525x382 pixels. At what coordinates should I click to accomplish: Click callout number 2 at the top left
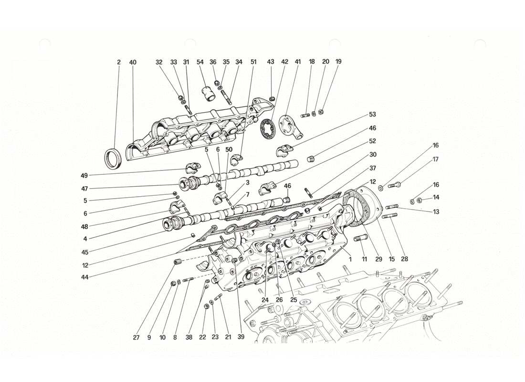click(118, 62)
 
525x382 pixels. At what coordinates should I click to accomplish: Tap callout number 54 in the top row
click(200, 62)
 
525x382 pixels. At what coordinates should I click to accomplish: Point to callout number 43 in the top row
click(271, 62)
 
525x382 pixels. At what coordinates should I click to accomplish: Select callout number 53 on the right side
click(372, 115)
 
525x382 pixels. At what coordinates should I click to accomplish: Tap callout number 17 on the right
click(435, 159)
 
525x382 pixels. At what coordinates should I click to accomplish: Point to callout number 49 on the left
click(84, 175)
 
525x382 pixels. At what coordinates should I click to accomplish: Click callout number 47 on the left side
click(84, 189)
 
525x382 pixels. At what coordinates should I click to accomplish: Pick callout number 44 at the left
click(84, 277)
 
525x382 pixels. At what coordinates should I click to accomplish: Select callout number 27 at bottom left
click(136, 338)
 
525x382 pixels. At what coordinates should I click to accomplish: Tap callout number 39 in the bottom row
click(241, 338)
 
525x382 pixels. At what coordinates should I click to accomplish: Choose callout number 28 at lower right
click(404, 259)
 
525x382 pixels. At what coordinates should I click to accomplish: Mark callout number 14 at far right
click(435, 197)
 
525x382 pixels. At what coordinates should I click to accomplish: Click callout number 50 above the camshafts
click(229, 149)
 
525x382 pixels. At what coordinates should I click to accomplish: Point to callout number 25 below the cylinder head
click(294, 300)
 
